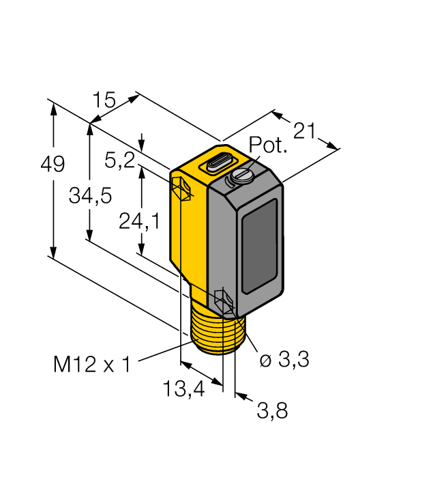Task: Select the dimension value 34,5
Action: tap(90, 196)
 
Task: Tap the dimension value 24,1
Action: tap(139, 220)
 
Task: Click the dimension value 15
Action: tap(105, 100)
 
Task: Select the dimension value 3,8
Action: tap(272, 410)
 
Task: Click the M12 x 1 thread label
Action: tap(91, 364)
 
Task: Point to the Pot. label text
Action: tap(268, 145)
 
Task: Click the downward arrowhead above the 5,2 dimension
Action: tap(142, 147)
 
